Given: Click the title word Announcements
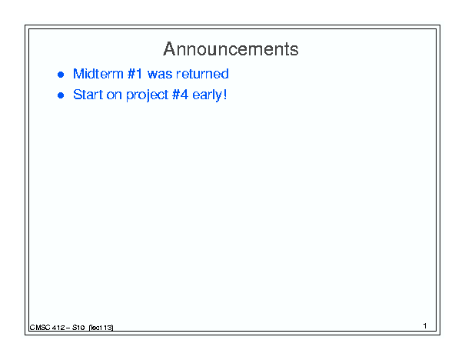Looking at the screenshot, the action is pyautogui.click(x=231, y=48).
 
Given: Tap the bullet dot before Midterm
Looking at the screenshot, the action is pyautogui.click(x=61, y=75).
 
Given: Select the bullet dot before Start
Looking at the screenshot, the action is pyautogui.click(x=61, y=95).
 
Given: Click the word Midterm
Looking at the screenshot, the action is pyautogui.click(x=98, y=74).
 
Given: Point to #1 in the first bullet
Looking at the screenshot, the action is pyautogui.click(x=135, y=74).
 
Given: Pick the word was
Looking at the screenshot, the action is pyautogui.click(x=160, y=75).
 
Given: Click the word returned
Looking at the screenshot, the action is pyautogui.click(x=202, y=74).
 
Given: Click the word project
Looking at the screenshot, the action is pyautogui.click(x=147, y=95).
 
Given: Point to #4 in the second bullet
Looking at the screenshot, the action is pyautogui.click(x=180, y=95).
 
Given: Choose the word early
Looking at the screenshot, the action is pyautogui.click(x=207, y=95).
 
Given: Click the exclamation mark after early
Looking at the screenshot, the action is pyautogui.click(x=225, y=95).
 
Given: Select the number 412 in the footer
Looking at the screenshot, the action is pyautogui.click(x=58, y=328).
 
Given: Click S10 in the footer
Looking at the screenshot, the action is pyautogui.click(x=78, y=328).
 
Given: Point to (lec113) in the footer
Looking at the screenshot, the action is pyautogui.click(x=101, y=328).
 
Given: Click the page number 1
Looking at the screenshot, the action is pyautogui.click(x=425, y=326).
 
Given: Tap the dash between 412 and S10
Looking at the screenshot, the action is pyautogui.click(x=68, y=328).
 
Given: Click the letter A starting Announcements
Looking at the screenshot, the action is pyautogui.click(x=169, y=48).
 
